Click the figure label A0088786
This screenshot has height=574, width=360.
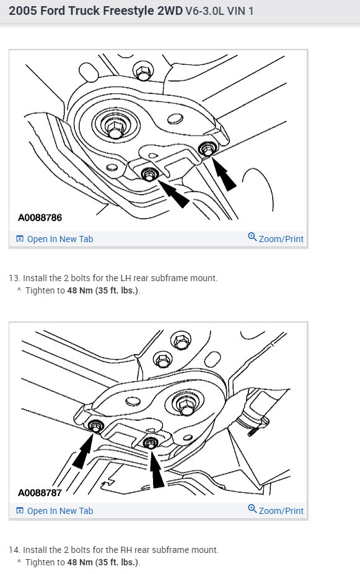click(x=40, y=217)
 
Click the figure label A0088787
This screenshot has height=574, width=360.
click(x=40, y=493)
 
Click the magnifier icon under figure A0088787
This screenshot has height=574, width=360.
click(x=252, y=509)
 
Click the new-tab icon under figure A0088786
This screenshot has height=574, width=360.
click(x=20, y=239)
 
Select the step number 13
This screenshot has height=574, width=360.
click(x=14, y=278)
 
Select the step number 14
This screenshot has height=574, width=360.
click(x=14, y=550)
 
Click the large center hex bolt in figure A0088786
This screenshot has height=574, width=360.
click(x=115, y=129)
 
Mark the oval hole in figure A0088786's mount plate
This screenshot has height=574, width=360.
click(x=175, y=120)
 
